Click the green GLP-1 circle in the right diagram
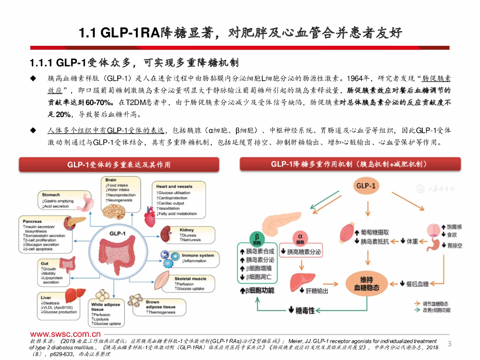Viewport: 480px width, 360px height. click(366, 186)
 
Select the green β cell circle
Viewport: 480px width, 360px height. click(257, 239)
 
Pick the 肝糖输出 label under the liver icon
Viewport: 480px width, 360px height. click(317, 291)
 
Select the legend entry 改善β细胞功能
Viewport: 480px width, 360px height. click(436, 310)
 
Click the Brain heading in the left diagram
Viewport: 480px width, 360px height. click(111, 180)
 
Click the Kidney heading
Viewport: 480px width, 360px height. click(187, 230)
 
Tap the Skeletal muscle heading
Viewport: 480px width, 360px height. click(190, 279)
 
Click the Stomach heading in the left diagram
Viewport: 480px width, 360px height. click(51, 195)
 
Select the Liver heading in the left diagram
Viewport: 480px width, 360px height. click(46, 298)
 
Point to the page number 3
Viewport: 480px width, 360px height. click(450, 345)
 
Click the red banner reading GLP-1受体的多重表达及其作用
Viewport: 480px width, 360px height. click(119, 165)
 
